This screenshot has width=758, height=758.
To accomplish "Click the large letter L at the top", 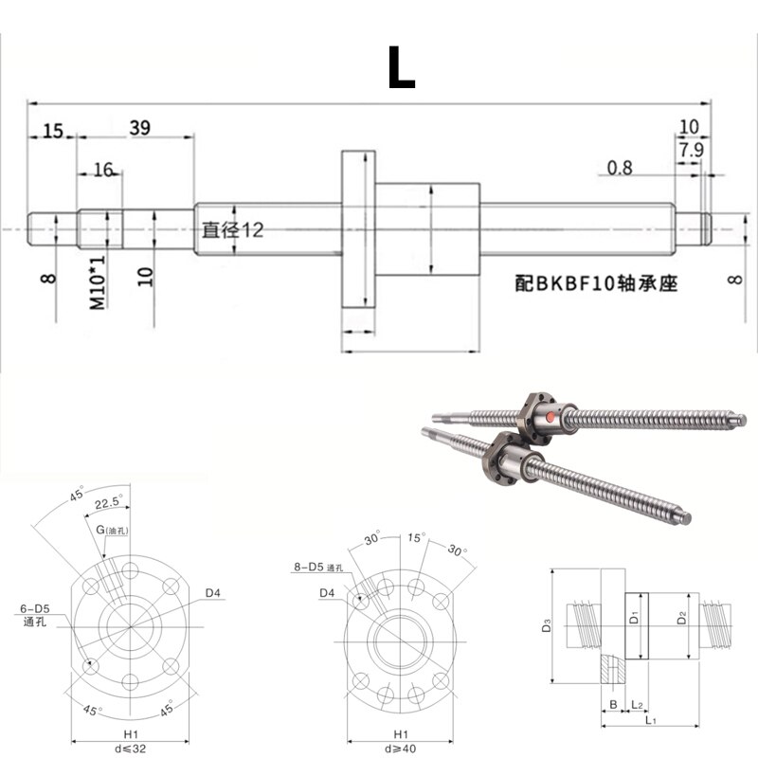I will (401, 67).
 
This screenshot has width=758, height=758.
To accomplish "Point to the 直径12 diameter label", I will (231, 230).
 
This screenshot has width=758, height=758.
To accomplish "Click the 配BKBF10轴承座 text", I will (596, 282).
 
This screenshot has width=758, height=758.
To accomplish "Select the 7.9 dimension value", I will (691, 149).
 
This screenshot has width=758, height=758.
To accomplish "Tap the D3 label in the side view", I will (546, 625).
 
